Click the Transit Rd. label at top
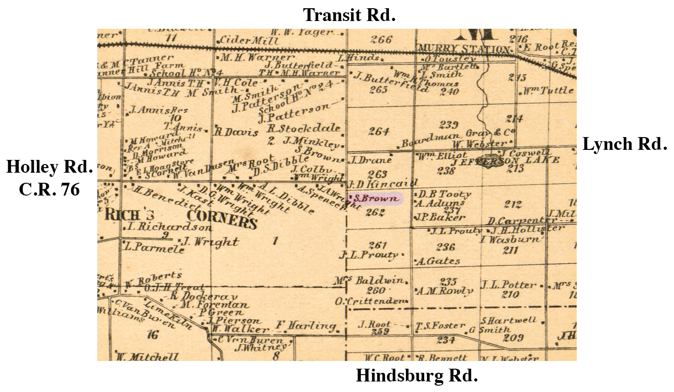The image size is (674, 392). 349,16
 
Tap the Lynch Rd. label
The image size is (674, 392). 624,144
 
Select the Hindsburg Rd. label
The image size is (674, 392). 416,376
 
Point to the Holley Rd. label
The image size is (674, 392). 49,167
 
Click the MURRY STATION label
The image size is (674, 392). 463,49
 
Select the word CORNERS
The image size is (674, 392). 222,219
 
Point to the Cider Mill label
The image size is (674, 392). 249,40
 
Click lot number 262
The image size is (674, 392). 375,212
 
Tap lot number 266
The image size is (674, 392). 381,40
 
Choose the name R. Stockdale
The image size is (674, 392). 304,128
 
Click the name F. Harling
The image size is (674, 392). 305,326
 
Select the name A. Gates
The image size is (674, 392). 438,261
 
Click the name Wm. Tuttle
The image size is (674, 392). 548,90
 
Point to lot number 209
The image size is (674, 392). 513,338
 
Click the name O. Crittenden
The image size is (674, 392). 370,302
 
